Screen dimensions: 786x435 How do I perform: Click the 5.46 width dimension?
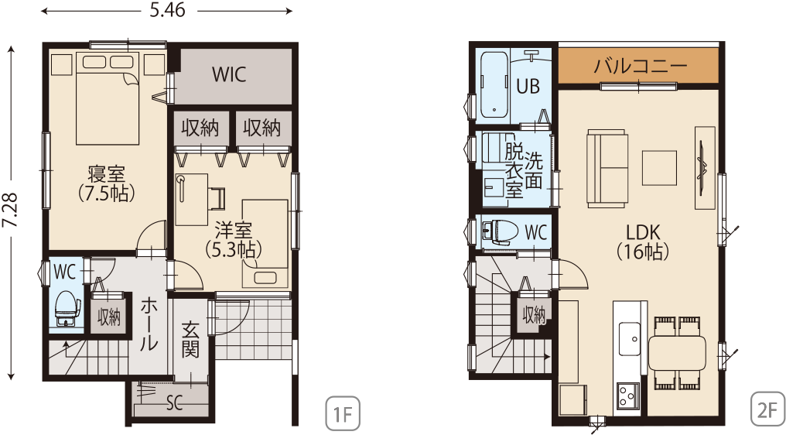click(x=167, y=10)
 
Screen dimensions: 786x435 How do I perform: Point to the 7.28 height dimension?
click(x=10, y=211)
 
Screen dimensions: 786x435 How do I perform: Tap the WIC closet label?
click(x=229, y=74)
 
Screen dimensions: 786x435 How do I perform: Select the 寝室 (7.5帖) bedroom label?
click(x=106, y=183)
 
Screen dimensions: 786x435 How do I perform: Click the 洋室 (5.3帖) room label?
click(x=233, y=239)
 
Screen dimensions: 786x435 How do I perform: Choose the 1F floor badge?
click(x=343, y=414)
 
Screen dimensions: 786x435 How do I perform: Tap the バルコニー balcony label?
click(x=640, y=66)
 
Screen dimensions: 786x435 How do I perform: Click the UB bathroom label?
click(x=528, y=86)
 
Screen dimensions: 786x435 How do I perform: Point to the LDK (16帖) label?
click(x=643, y=241)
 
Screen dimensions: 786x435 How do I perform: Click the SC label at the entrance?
click(x=174, y=402)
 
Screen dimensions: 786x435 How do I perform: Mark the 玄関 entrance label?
click(x=190, y=340)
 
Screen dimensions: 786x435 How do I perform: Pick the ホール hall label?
click(x=149, y=324)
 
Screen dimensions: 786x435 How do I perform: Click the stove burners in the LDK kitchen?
click(x=628, y=396)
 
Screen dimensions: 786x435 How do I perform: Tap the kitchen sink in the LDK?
click(x=629, y=338)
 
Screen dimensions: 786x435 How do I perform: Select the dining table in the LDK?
click(x=677, y=353)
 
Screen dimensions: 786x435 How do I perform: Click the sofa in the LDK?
click(x=607, y=168)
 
